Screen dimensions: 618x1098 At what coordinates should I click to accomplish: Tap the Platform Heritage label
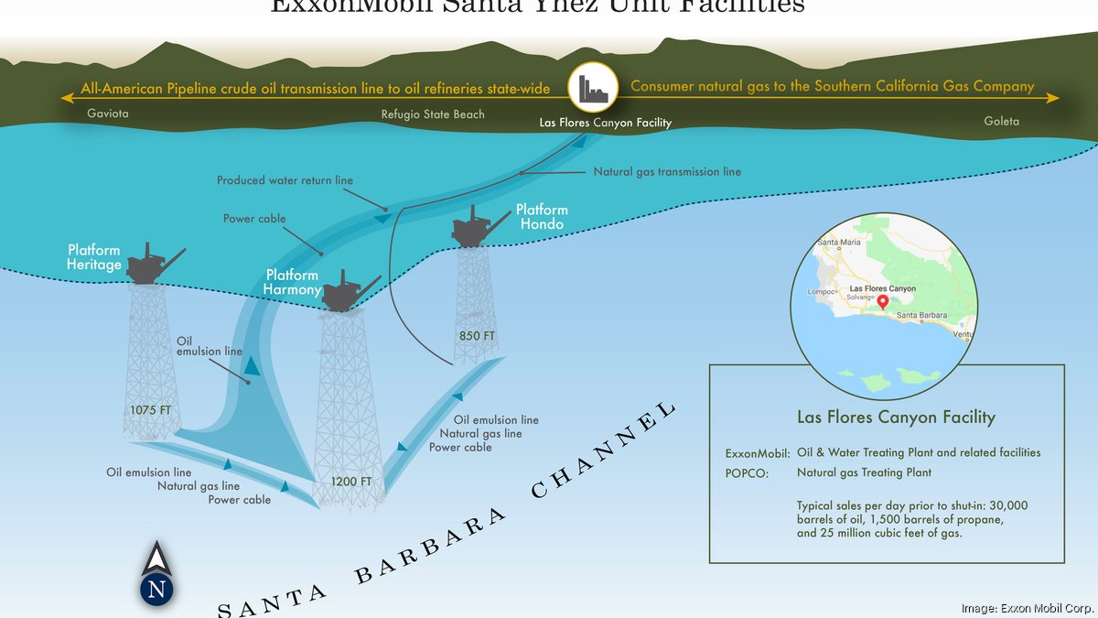93,257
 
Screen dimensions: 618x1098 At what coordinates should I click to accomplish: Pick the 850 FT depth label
476,336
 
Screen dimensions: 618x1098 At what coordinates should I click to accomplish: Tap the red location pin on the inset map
882,303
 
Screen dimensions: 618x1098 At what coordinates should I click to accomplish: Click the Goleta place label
1001,121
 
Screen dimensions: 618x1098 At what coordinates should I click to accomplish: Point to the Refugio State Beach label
433,114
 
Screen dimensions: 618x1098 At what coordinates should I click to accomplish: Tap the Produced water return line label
285,180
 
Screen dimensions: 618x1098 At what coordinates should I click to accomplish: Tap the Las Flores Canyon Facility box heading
895,417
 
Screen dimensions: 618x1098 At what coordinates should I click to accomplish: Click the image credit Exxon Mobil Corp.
1027,608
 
